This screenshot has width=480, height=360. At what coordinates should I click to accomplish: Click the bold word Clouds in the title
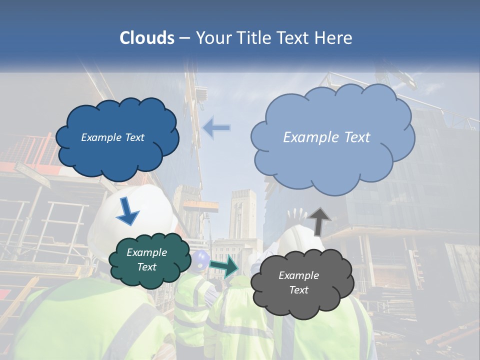pyautogui.click(x=147, y=38)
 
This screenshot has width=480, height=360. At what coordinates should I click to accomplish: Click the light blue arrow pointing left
pyautogui.click(x=216, y=128)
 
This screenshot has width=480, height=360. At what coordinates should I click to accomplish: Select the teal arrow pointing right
pyautogui.click(x=224, y=266)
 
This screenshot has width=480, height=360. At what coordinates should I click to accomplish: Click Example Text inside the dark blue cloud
pyautogui.click(x=112, y=137)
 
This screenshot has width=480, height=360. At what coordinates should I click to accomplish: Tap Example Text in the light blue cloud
pyautogui.click(x=326, y=137)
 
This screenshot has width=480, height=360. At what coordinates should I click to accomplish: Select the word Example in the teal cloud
pyautogui.click(x=146, y=252)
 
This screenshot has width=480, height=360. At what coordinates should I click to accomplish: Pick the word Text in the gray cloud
pyautogui.click(x=298, y=290)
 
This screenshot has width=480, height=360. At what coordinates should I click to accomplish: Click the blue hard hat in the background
pyautogui.click(x=201, y=258)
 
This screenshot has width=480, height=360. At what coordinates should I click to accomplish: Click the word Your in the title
pyautogui.click(x=210, y=38)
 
